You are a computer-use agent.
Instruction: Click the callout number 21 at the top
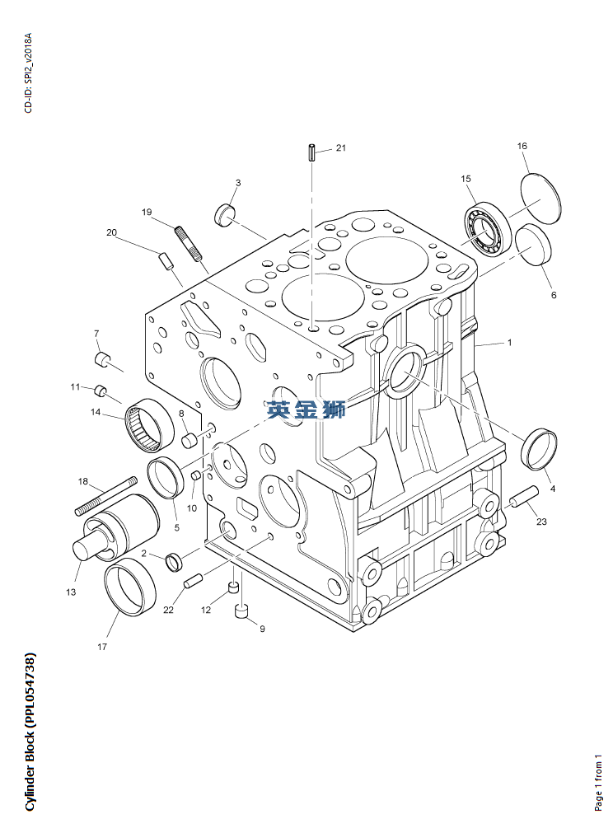[340, 147]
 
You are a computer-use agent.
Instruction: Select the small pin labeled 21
[311, 152]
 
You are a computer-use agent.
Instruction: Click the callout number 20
[111, 232]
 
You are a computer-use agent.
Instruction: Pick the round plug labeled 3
[226, 214]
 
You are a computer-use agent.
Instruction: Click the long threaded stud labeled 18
[106, 495]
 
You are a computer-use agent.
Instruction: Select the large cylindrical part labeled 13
[116, 527]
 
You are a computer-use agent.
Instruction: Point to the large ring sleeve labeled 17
[130, 587]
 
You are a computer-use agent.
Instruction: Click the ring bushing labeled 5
[166, 477]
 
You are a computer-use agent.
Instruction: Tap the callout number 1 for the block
[510, 343]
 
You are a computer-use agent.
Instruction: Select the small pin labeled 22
[193, 581]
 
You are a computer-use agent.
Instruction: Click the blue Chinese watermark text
[306, 409]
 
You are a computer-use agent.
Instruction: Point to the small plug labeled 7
[102, 359]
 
